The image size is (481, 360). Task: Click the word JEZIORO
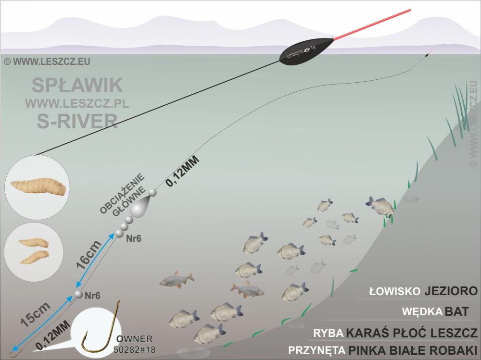pos(451,291)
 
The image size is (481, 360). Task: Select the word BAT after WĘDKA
pos(456,311)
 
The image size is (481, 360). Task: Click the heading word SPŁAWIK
pos(77,85)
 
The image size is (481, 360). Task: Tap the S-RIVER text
pos(77,121)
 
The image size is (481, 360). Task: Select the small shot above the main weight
pos(153,193)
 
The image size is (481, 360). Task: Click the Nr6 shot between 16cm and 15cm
pos(78,295)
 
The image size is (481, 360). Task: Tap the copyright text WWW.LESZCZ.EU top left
pos(47,62)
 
